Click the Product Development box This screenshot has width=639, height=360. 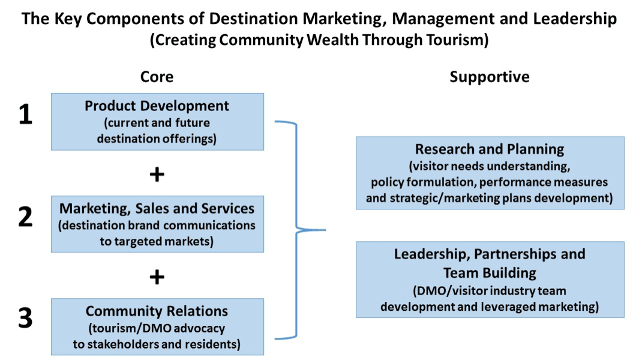157,121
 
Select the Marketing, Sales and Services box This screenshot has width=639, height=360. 157,224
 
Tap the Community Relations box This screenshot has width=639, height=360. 157,327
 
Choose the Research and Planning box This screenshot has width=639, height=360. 490,173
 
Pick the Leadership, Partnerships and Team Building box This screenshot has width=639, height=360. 490,280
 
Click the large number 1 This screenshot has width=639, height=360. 25,115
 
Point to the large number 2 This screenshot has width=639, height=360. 25,217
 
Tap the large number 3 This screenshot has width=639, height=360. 25,319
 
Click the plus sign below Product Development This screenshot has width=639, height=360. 157,175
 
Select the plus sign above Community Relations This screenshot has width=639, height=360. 157,277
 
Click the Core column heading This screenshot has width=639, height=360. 157,77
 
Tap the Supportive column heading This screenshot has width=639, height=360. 490,77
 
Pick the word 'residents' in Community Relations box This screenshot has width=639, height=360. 211,344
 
